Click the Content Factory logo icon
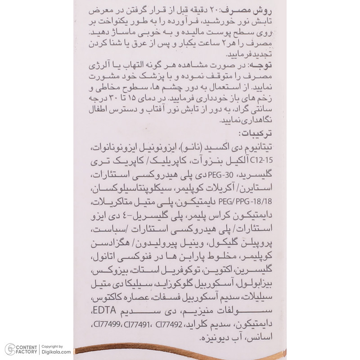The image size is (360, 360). pos(9,349)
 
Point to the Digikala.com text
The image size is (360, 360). pos(56,352)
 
